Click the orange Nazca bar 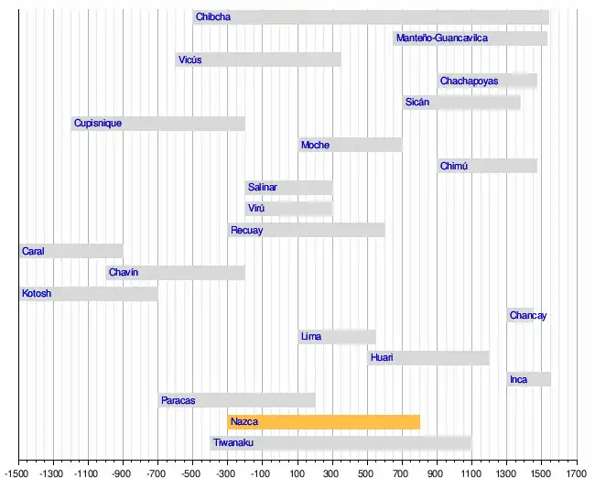tap(323, 422)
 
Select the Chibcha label tap(213, 17)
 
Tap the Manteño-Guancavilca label tap(441, 38)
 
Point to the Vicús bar tap(258, 60)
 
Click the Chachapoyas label tap(469, 81)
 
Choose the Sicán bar tap(461, 103)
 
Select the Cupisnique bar tap(158, 124)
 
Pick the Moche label tap(315, 146)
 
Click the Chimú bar tap(487, 167)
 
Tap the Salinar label tap(262, 188)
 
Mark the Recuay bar tap(306, 231)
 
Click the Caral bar tap(71, 251)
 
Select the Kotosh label tap(37, 294)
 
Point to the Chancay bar tap(520, 316)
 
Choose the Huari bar tap(428, 358)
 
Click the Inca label tap(518, 380)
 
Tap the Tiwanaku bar tap(341, 443)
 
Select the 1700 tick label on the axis tap(576, 473)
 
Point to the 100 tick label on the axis tap(297, 473)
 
